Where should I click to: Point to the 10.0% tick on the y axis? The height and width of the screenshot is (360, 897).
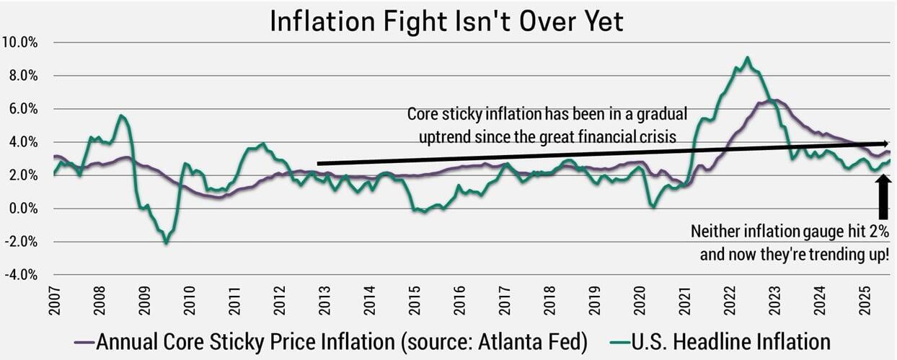click(x=21, y=42)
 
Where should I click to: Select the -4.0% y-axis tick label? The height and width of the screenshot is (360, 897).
click(x=21, y=275)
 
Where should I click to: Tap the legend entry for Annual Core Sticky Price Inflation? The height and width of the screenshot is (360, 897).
click(x=339, y=341)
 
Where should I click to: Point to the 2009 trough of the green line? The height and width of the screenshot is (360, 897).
click(x=167, y=243)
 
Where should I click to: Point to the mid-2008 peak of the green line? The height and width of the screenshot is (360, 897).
click(x=122, y=115)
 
